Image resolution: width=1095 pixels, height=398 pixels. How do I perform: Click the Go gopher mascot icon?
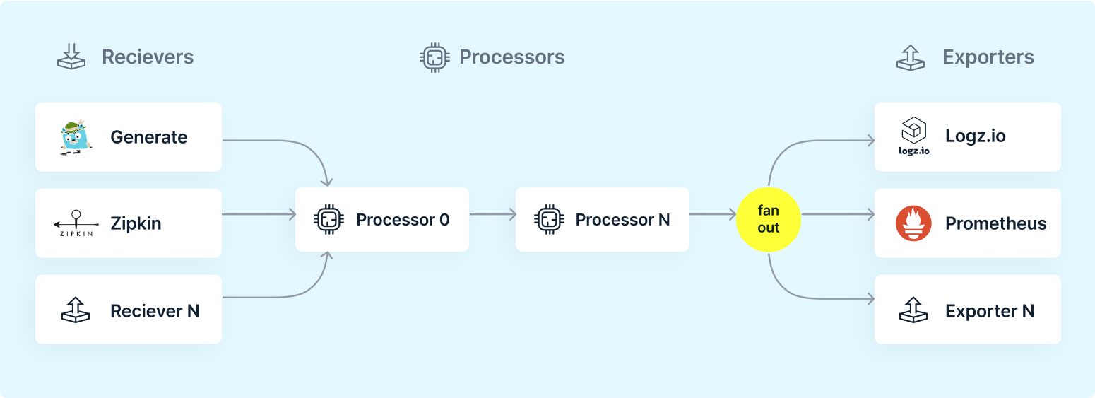[x=76, y=137]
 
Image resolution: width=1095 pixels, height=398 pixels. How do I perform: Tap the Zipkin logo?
[x=76, y=223]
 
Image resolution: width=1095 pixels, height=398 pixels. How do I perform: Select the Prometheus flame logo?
[x=913, y=223]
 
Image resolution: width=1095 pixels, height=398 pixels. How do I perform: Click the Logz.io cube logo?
[x=913, y=136]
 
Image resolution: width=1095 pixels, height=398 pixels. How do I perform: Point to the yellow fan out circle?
[x=769, y=220]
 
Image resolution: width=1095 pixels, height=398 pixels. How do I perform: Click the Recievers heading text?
[x=148, y=57]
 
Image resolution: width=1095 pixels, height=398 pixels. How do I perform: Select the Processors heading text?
[x=511, y=57]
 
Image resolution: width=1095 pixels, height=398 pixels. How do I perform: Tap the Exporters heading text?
[x=988, y=57]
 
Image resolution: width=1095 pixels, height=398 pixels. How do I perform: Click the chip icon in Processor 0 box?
[x=328, y=220]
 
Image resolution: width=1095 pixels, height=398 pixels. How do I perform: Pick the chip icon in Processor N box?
[x=549, y=220]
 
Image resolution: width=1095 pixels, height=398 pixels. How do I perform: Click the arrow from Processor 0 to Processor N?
[x=493, y=214]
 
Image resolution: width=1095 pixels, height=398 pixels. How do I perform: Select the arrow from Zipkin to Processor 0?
[x=259, y=214]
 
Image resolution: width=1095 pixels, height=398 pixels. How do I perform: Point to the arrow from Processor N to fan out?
[x=713, y=214]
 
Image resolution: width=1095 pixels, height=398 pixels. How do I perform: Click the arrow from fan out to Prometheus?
[x=838, y=214]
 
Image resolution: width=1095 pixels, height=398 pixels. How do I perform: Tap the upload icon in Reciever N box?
[x=76, y=310]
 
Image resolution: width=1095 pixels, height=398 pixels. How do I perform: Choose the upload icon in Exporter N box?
[x=913, y=310]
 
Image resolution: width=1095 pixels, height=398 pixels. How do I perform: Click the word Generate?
[x=148, y=137]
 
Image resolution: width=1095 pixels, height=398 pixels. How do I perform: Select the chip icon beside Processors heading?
[x=434, y=58]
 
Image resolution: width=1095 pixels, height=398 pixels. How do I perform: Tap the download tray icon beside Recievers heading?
[x=71, y=57]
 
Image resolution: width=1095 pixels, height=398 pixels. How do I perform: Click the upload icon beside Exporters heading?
[x=910, y=58]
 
